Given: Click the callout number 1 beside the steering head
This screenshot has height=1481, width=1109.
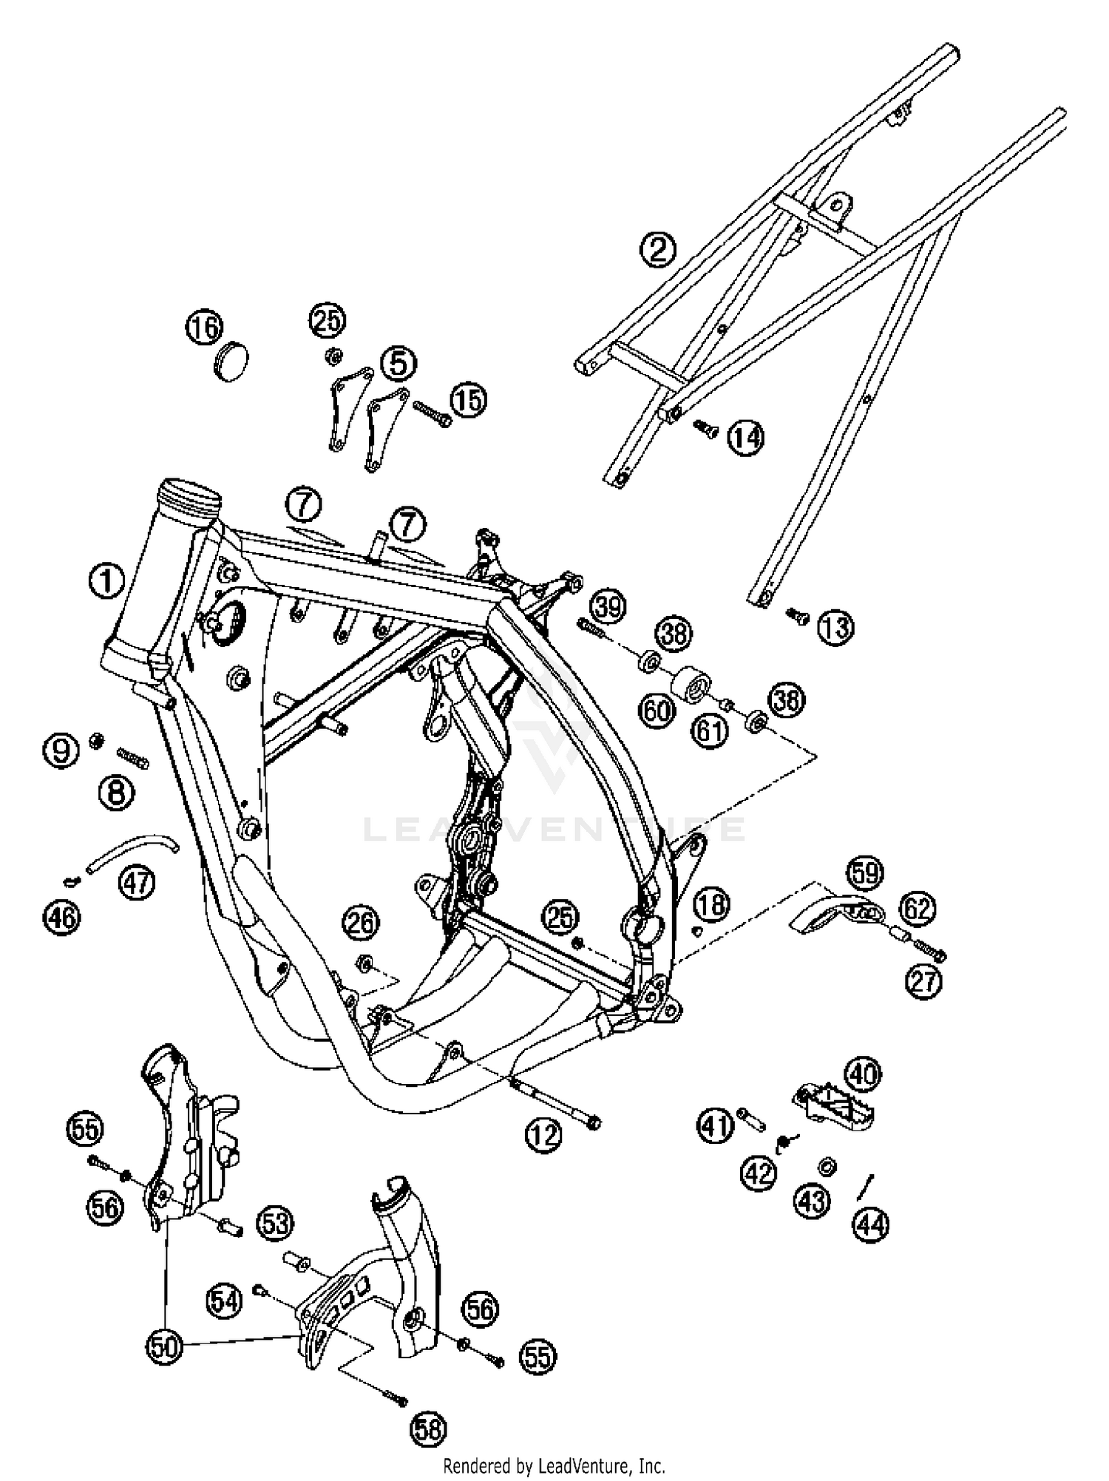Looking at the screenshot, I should [106, 580].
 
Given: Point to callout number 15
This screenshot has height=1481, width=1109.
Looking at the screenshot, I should [468, 400].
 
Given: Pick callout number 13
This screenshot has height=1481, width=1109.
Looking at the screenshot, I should [835, 627].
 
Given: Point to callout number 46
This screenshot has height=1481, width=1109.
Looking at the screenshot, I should [61, 917].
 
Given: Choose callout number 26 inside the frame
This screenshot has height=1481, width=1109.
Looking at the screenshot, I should [360, 922].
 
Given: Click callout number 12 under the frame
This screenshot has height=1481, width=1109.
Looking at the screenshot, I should [544, 1133].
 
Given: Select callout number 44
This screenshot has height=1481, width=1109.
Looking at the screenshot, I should [870, 1225].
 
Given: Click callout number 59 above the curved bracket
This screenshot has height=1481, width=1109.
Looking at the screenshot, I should [865, 873].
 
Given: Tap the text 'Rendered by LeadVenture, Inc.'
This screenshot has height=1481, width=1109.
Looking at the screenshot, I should [554, 1465].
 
